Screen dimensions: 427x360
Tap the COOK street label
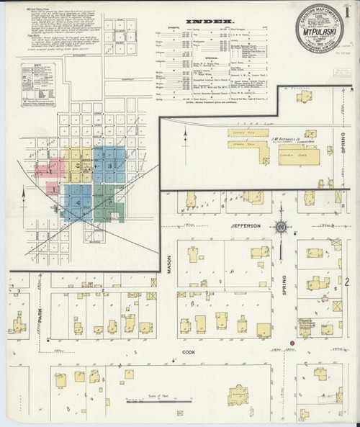[189, 353]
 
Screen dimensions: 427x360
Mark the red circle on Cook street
[292, 342]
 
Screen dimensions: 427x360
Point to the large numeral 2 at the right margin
[348, 280]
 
